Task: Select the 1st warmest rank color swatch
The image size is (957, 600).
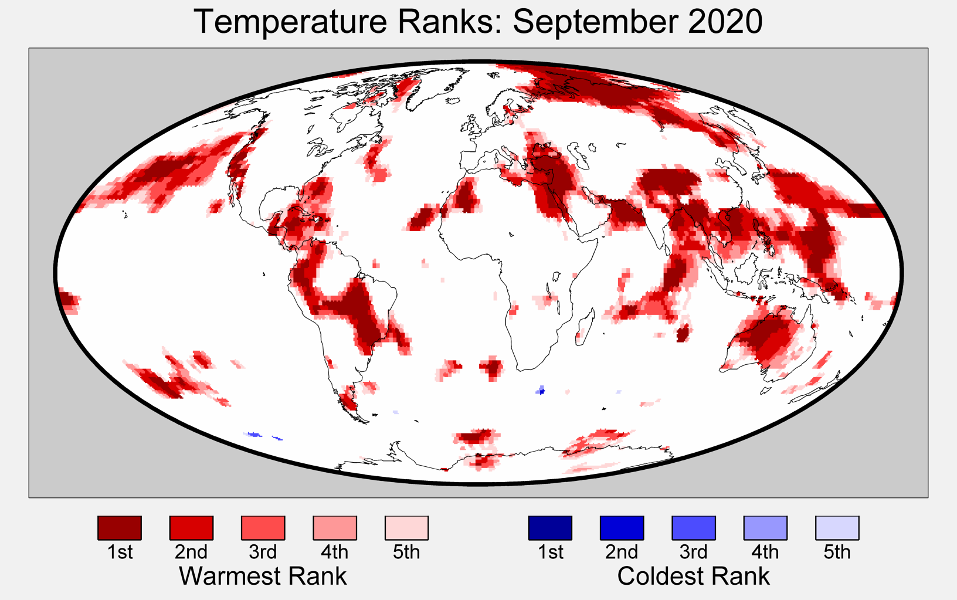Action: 120,528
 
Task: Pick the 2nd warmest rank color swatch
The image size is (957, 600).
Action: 191,528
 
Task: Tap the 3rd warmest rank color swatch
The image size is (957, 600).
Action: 263,528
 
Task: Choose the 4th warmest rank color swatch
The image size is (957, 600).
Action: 335,528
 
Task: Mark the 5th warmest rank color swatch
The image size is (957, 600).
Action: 406,528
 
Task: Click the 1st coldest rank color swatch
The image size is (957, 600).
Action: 550,528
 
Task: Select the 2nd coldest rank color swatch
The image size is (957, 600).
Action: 622,528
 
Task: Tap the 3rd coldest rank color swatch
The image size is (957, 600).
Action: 694,528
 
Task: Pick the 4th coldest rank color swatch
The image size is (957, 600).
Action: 765,528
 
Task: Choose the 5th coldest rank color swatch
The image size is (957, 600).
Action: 837,528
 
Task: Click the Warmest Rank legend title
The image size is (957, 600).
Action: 263,576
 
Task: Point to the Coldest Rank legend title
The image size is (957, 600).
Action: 693,576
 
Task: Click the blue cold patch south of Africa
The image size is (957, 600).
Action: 541,390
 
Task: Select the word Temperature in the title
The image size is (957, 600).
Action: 290,22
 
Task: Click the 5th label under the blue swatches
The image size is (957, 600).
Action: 837,552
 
